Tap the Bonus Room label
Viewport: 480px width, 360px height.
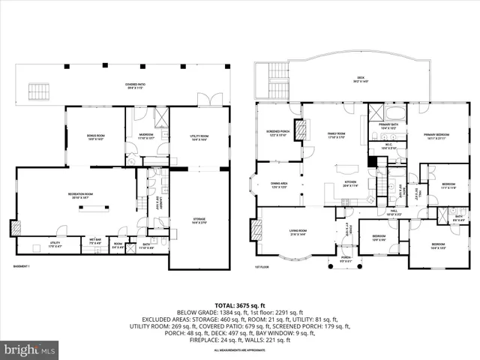click(x=94, y=136)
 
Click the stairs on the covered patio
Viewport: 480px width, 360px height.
click(x=37, y=91)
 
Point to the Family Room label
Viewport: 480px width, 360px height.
click(x=335, y=134)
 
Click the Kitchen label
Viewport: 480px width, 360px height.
click(x=351, y=183)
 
